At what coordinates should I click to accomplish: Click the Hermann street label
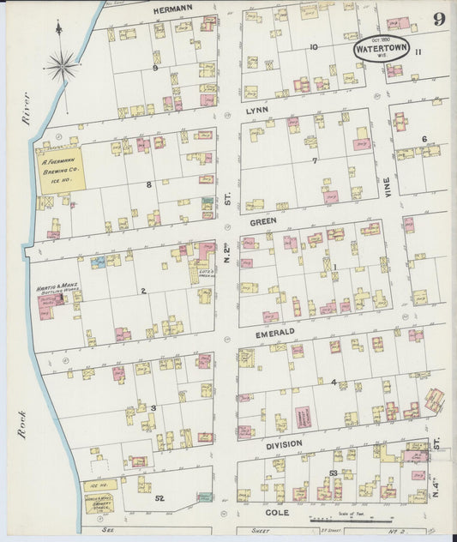pos(173,9)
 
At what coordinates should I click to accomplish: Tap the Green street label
pos(261,220)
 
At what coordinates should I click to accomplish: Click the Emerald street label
pos(276,331)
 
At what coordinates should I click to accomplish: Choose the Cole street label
pos(288,513)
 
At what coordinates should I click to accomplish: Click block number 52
pos(159,498)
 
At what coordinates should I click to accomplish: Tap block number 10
pos(314,46)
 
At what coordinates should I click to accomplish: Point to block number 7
pos(315,160)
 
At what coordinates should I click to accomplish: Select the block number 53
pos(332,473)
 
